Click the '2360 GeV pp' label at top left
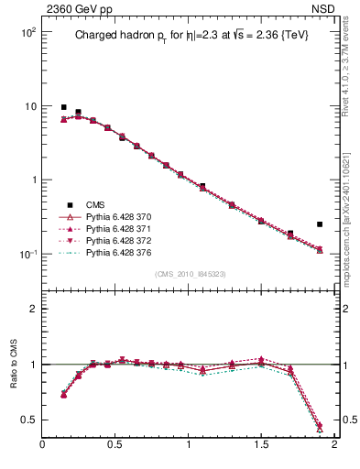click(73, 10)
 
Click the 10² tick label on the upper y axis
click(27, 32)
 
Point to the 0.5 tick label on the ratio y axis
click(28, 420)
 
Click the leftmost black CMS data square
click(63, 107)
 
